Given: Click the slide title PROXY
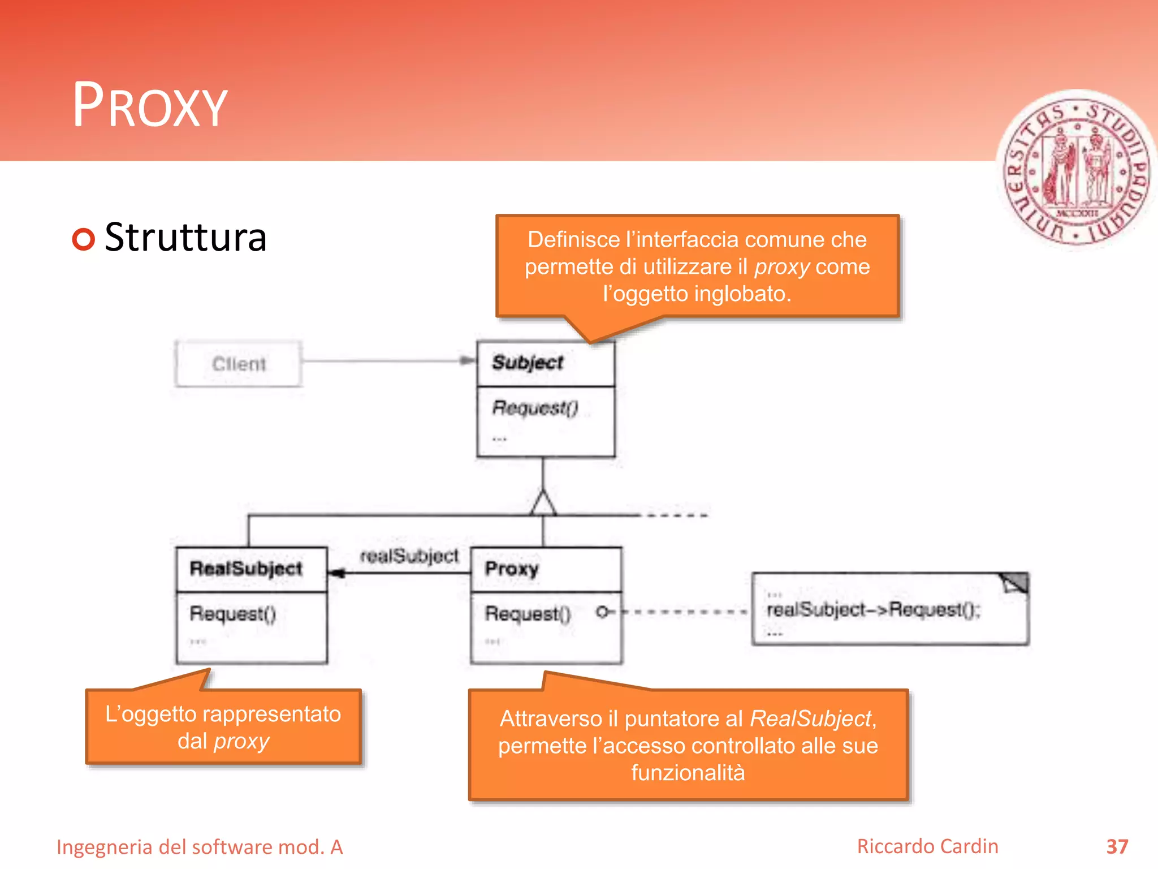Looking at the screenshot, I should [x=150, y=106].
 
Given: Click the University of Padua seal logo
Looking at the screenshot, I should [x=1076, y=170].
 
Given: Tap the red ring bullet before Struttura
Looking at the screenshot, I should [x=84, y=239].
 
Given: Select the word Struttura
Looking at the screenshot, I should [x=185, y=238].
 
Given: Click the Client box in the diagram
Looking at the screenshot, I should [x=238, y=364].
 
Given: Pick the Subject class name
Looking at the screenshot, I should [x=528, y=363].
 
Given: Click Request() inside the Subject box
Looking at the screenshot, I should [x=535, y=408].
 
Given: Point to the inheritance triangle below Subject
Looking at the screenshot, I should [x=543, y=503].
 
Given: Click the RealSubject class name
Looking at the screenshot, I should [x=246, y=569].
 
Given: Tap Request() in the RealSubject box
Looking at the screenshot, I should [x=232, y=613].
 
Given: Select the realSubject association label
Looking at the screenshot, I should [x=409, y=556].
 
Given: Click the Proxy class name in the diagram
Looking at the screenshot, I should [x=512, y=569].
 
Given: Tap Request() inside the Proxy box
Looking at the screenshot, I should [x=528, y=613].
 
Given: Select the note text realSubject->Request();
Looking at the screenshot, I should [x=873, y=609].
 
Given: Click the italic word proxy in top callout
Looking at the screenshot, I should [x=782, y=266].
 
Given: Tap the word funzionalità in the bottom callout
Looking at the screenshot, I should [x=688, y=773].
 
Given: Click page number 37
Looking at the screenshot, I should [x=1117, y=846].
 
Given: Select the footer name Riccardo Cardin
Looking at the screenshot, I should [x=927, y=846].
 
